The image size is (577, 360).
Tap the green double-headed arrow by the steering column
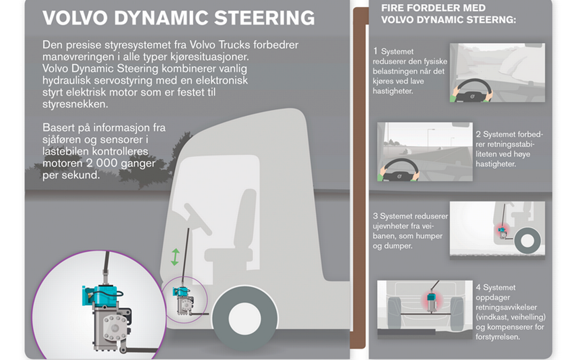point(175,256)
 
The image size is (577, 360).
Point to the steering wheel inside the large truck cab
point(198,219)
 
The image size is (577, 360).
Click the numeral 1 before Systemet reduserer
point(376,51)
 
